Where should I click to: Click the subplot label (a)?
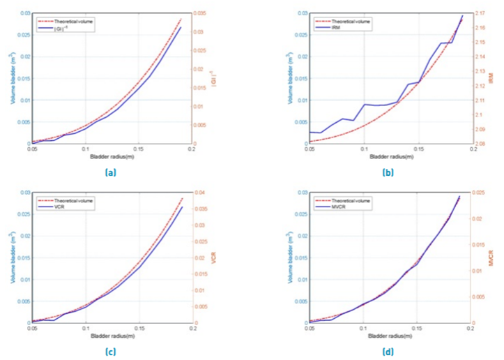[111, 170]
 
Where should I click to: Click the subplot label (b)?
[387, 170]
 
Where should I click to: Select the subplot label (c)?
[111, 350]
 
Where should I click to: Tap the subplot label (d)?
[387, 350]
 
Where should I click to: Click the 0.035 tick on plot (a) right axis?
[204, 13]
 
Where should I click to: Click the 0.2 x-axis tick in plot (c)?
[192, 328]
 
